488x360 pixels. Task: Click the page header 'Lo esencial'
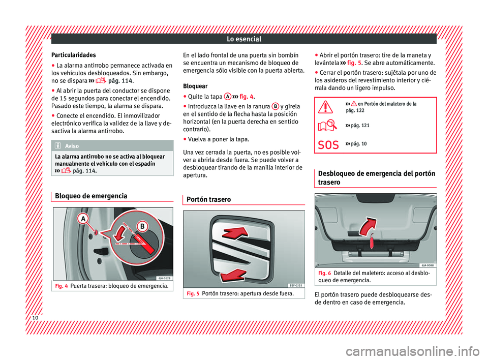click(244, 39)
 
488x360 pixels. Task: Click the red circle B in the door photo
click(143, 225)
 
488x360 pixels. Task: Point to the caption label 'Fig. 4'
click(60, 285)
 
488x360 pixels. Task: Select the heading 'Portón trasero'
click(208, 200)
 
